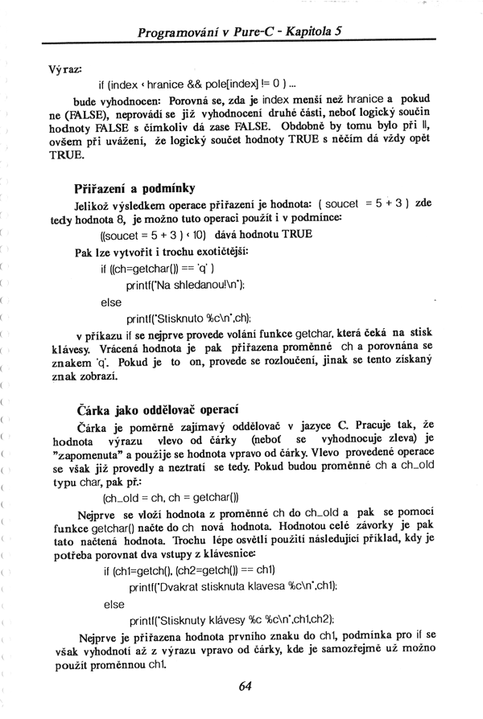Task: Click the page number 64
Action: pyautogui.click(x=246, y=685)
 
